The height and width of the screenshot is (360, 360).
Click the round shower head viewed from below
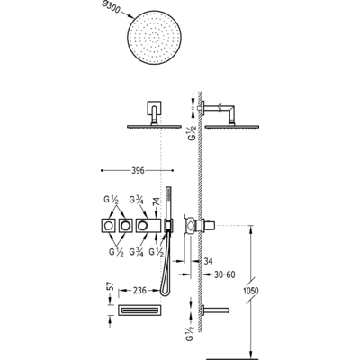(155, 38)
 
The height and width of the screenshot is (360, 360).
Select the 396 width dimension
(138, 171)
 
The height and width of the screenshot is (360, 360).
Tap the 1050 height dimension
(249, 291)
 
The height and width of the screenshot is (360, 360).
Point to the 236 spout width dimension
(139, 290)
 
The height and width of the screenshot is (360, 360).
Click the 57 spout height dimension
(112, 287)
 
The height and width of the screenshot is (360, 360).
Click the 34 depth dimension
(208, 261)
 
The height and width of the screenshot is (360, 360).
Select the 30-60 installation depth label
(224, 274)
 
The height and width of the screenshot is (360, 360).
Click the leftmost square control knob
(108, 226)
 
